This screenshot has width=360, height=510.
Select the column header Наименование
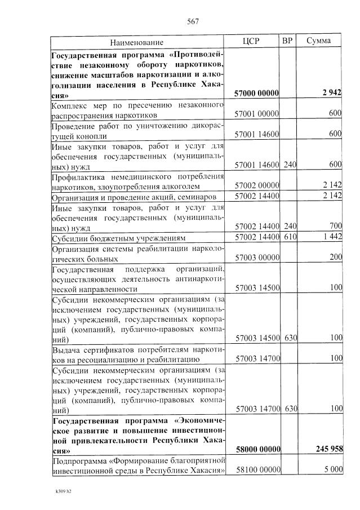[x=137, y=42]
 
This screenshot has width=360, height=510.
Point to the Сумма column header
[x=318, y=41]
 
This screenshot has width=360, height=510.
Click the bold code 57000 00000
[x=257, y=93]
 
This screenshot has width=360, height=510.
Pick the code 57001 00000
[x=257, y=114]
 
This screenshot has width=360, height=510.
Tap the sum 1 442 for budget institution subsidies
[x=332, y=237]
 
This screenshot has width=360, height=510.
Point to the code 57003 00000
[x=257, y=258]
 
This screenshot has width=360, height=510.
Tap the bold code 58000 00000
[x=257, y=449]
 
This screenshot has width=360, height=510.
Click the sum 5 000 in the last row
[x=332, y=469]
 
